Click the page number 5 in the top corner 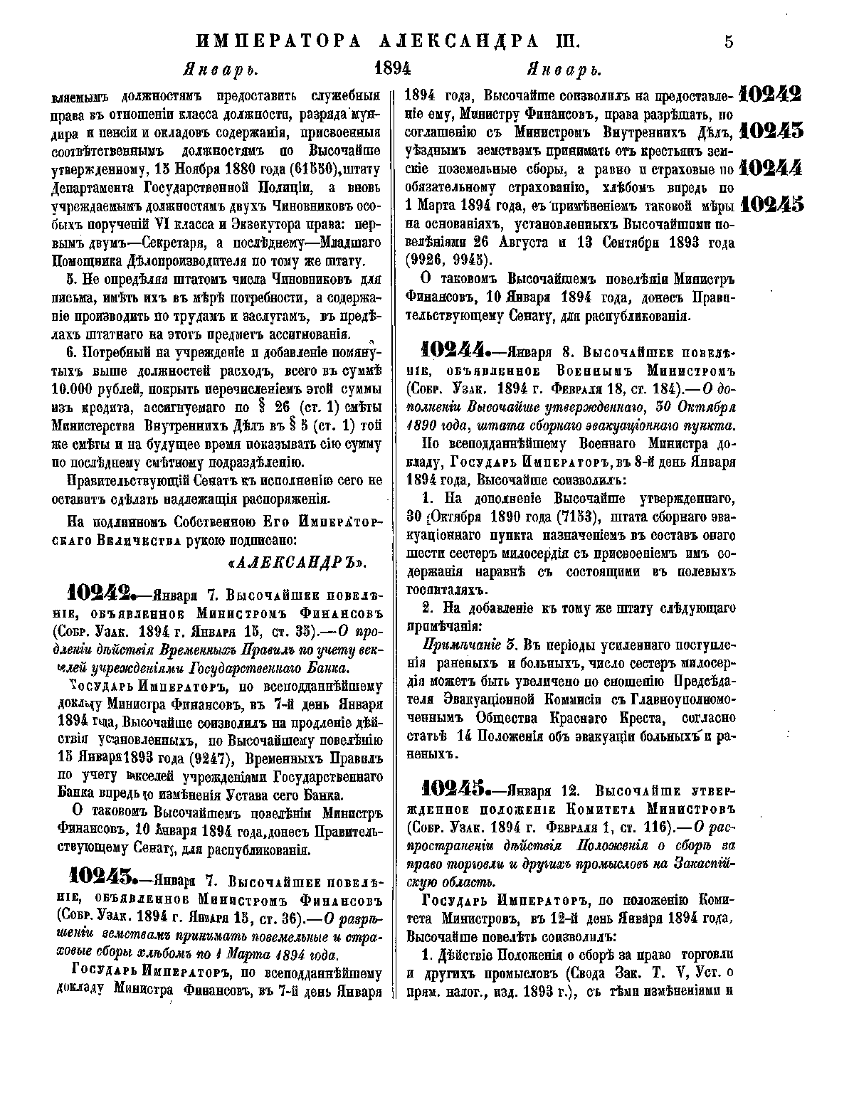pyautogui.click(x=728, y=41)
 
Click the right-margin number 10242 pyautogui.click(x=771, y=94)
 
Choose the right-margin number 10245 pyautogui.click(x=771, y=205)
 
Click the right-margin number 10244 pyautogui.click(x=771, y=168)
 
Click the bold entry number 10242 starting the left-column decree pyautogui.click(x=99, y=593)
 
